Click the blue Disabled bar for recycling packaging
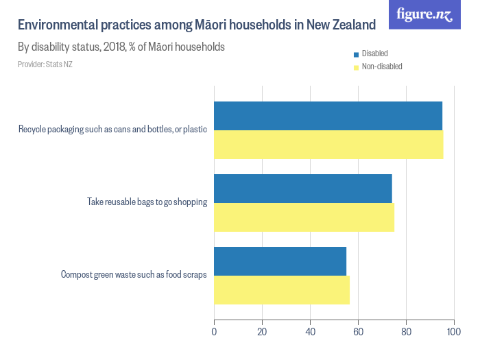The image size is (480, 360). pyautogui.click(x=328, y=116)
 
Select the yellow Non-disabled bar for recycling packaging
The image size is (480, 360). pyautogui.click(x=328, y=145)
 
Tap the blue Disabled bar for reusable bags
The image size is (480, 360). pyautogui.click(x=303, y=189)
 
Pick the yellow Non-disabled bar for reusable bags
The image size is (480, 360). pyautogui.click(x=304, y=217)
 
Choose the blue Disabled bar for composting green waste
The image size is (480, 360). pyautogui.click(x=280, y=261)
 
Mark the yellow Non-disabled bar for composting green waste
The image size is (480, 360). pyautogui.click(x=282, y=290)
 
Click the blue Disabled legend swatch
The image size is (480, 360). pyautogui.click(x=356, y=54)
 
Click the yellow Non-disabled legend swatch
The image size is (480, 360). pyautogui.click(x=356, y=67)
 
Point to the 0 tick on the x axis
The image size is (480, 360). pyautogui.click(x=215, y=332)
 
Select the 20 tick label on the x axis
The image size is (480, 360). pyautogui.click(x=262, y=332)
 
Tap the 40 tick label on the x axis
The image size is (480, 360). pyautogui.click(x=310, y=332)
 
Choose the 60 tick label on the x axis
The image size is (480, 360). pyautogui.click(x=358, y=332)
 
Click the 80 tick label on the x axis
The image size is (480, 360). pyautogui.click(x=406, y=332)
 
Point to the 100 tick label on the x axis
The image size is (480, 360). pyautogui.click(x=453, y=332)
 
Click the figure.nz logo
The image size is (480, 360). pyautogui.click(x=424, y=14)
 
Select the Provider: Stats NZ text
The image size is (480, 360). pyautogui.click(x=45, y=64)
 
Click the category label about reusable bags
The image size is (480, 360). pyautogui.click(x=147, y=202)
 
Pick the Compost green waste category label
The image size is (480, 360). pyautogui.click(x=134, y=274)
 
